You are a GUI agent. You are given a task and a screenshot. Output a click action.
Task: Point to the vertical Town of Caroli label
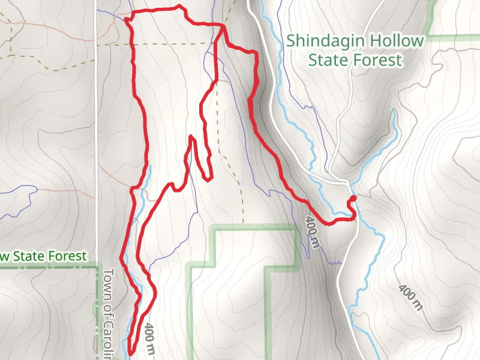tap(109, 306)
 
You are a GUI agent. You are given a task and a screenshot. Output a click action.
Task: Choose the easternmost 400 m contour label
tap(410, 298)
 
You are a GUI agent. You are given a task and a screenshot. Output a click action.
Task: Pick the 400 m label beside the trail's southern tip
tap(150, 340)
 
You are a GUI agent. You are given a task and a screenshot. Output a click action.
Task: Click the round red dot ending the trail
tap(353, 199)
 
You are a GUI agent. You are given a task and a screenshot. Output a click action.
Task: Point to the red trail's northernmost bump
tap(178, 7)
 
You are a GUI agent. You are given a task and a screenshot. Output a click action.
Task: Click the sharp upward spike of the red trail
tap(191, 138)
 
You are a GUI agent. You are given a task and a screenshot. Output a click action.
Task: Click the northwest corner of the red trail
tap(127, 18)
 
